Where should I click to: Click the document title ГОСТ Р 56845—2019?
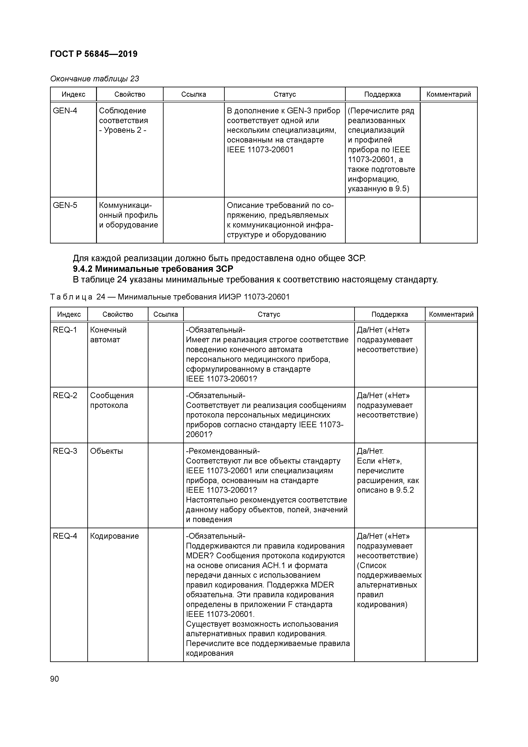point(94,54)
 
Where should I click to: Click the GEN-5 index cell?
point(65,205)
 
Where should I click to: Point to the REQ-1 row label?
point(65,330)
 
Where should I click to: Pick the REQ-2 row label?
point(65,395)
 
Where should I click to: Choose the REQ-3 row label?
point(65,451)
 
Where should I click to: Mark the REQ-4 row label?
point(65,536)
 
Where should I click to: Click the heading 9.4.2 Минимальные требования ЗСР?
point(153,269)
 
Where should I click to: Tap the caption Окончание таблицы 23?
point(94,79)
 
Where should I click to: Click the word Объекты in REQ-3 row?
point(106,451)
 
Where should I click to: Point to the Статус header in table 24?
point(269,314)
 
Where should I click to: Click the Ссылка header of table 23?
point(194,94)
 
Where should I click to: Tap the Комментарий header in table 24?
point(451,314)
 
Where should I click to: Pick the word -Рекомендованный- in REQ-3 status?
point(223,451)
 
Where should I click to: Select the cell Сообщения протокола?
point(112,400)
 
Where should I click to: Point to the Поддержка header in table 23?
point(382,94)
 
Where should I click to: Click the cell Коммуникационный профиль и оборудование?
point(128,215)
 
